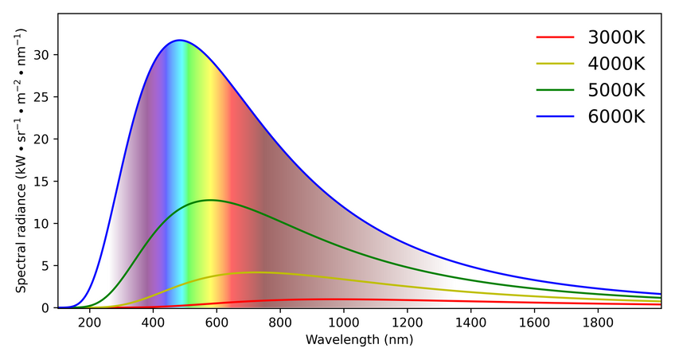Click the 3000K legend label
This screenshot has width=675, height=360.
click(616, 37)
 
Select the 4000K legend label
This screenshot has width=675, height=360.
click(616, 64)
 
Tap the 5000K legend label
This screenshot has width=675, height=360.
click(616, 90)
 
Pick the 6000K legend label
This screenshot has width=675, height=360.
click(616, 116)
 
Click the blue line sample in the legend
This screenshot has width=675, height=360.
click(555, 116)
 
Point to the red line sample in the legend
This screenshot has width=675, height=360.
click(555, 37)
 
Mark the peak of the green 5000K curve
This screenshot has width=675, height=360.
click(209, 200)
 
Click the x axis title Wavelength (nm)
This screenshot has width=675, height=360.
click(359, 340)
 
